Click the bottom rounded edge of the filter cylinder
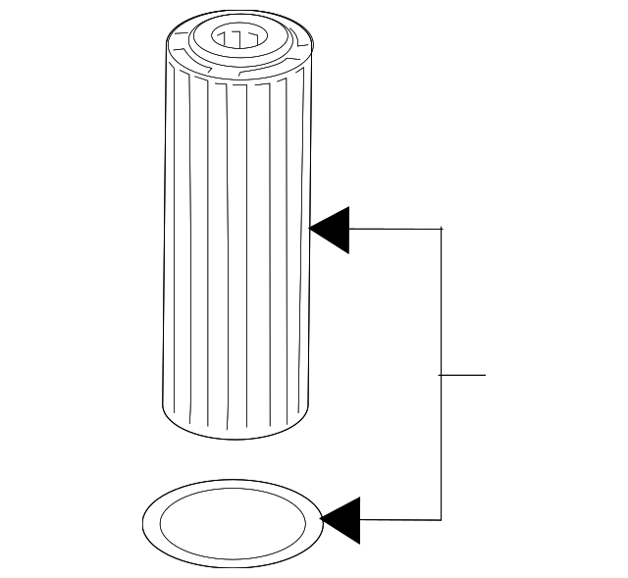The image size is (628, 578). pos(235,433)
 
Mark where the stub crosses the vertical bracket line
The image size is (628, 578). pos(442,375)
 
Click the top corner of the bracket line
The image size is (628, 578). pos(442,229)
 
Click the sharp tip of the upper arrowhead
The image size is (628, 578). pos(310,230)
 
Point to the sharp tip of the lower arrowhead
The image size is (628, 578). pos(322,520)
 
